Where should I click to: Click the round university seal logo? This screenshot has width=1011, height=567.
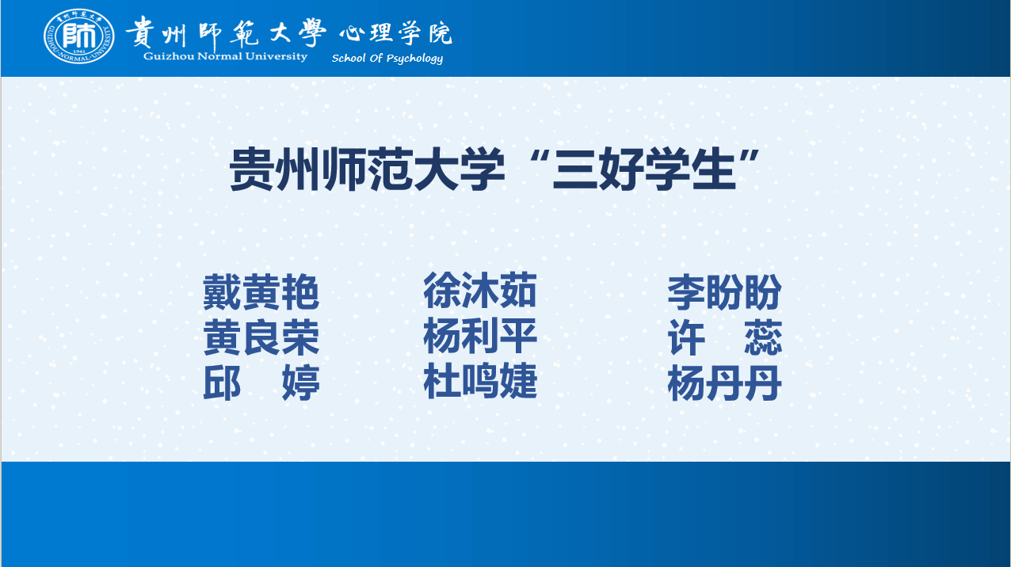click(x=78, y=36)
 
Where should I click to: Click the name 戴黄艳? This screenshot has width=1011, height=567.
click(x=261, y=292)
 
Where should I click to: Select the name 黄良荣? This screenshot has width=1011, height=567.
click(x=261, y=337)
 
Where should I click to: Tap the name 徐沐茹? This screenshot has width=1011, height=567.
click(x=480, y=291)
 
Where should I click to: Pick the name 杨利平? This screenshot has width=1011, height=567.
click(x=480, y=336)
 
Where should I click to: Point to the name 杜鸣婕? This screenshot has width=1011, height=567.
click(x=480, y=381)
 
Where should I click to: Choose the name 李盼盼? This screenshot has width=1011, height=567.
click(x=724, y=292)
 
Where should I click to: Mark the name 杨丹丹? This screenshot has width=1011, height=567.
click(x=724, y=383)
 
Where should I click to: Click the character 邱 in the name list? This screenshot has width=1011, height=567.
click(x=222, y=383)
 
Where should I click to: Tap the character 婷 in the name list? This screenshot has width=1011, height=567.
click(x=300, y=383)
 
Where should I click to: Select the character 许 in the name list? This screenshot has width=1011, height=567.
click(x=686, y=337)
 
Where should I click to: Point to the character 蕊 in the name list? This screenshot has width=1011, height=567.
click(x=763, y=337)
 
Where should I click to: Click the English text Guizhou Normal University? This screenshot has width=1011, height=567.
click(x=225, y=56)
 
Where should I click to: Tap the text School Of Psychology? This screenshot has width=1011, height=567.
click(x=387, y=58)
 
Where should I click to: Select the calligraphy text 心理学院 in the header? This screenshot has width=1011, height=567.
click(x=395, y=33)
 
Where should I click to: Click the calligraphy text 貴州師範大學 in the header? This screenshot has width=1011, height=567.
click(x=226, y=32)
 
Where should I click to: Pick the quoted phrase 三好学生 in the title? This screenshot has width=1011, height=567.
click(x=644, y=169)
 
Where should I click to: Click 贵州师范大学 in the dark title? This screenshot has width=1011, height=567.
click(x=367, y=169)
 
